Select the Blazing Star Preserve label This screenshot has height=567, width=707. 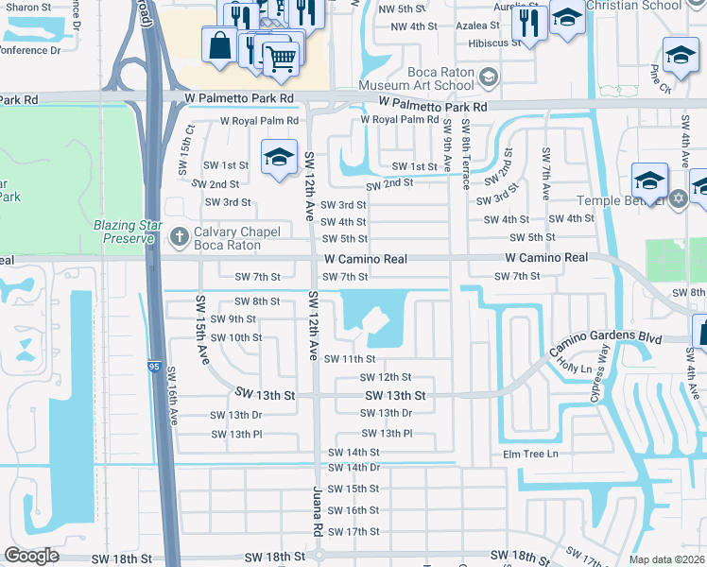[123, 232]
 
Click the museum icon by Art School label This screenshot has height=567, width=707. [488, 76]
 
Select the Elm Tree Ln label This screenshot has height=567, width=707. [531, 455]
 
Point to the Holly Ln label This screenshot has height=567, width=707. [575, 363]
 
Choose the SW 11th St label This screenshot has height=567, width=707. [350, 359]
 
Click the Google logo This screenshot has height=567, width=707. [31, 556]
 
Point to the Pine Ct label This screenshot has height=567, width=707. [659, 80]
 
